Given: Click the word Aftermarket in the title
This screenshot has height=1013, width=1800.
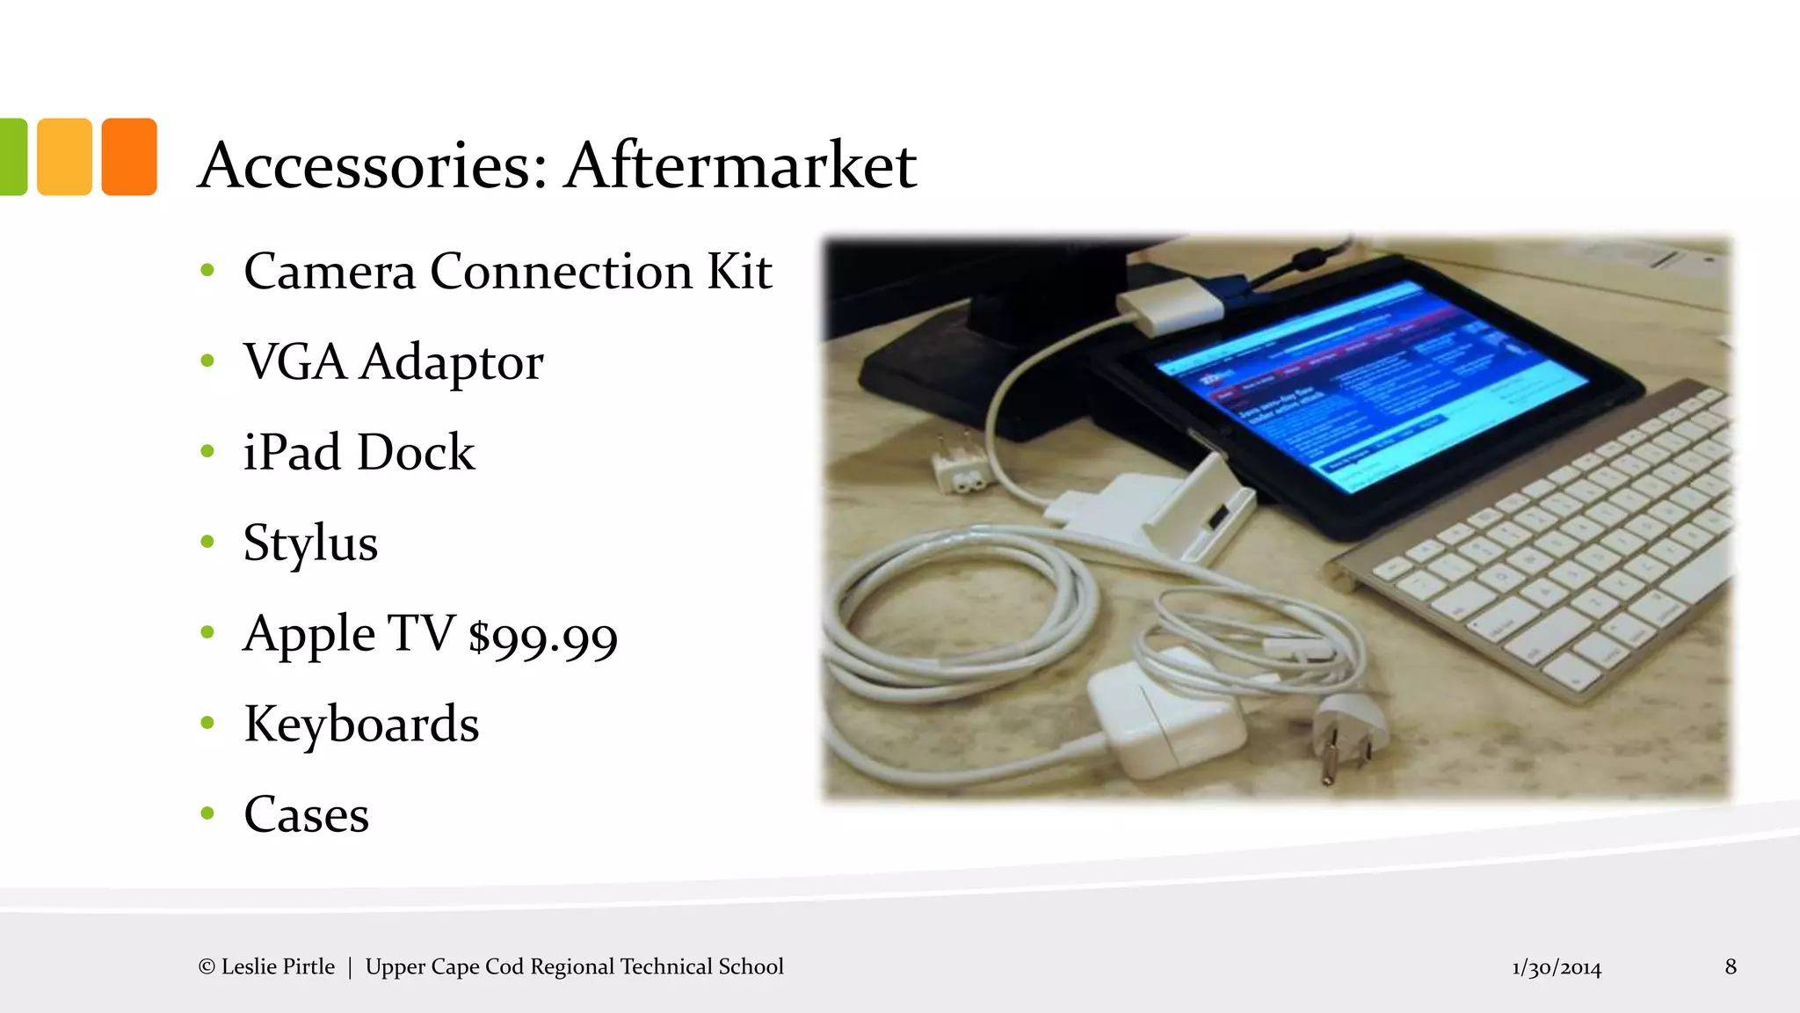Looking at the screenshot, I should [x=741, y=165].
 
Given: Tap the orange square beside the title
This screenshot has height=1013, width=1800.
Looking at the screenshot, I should [x=129, y=157].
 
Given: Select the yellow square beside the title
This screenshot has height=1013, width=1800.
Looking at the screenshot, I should [x=64, y=157].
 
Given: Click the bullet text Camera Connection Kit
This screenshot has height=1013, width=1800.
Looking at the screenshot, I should [x=507, y=271].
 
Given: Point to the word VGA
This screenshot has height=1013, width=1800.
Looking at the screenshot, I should [x=294, y=361].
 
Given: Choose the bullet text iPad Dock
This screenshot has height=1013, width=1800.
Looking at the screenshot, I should [x=359, y=452].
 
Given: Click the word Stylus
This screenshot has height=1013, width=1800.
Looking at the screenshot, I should [x=310, y=543].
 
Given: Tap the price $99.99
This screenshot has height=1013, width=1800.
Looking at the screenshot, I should [x=543, y=637].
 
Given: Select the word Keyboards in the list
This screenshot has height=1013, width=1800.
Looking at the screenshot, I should [x=361, y=724].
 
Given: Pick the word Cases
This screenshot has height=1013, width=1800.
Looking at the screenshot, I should [x=306, y=814].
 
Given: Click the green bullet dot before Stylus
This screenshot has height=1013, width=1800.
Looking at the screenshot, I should [x=207, y=542].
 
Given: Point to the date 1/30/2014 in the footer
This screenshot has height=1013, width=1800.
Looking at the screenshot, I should [x=1557, y=968].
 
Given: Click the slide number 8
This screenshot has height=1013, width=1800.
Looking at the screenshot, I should [x=1731, y=966].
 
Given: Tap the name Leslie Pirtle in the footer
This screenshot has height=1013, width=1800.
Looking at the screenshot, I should [x=278, y=966].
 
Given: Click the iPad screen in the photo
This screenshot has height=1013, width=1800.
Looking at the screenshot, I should [x=1371, y=387].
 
